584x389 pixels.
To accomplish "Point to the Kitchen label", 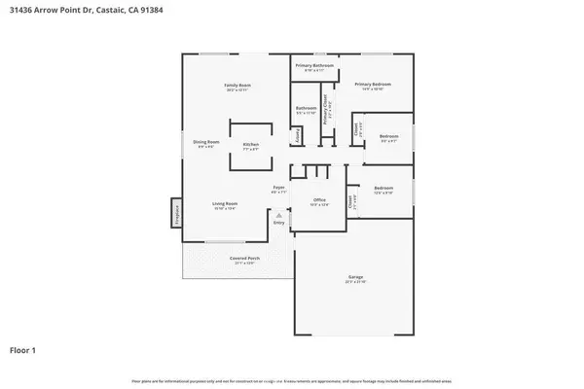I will tap(250, 144).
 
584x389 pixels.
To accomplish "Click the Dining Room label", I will tap(206, 142).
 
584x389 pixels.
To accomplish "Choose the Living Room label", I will tap(226, 203).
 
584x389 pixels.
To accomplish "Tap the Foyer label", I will tap(277, 187).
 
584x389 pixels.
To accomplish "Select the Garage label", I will tap(355, 277).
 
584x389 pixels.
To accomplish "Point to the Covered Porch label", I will tap(242, 258).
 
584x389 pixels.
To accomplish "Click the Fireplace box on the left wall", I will tap(177, 211).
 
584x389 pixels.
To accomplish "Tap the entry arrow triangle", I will tap(280, 215).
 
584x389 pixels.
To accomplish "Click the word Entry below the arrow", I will tap(279, 223).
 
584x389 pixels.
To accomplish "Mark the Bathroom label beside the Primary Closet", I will tap(307, 108).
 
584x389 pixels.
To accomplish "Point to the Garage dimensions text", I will tap(355, 283).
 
